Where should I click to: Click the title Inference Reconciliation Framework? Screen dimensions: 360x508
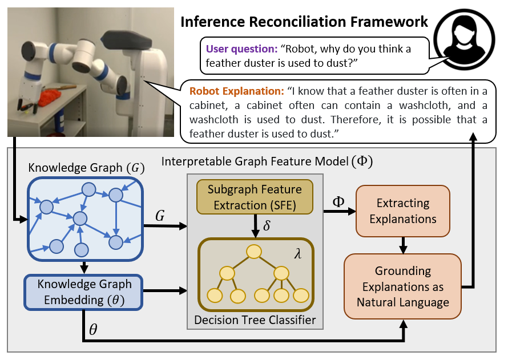pos(304,22)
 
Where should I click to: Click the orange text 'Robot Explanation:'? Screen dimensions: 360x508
pos(236,91)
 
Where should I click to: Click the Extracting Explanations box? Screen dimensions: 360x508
pos(402,211)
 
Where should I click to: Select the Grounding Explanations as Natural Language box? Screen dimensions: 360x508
pos(402,286)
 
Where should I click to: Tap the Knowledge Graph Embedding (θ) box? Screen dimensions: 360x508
pos(84,291)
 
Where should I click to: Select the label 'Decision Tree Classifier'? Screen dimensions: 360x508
pos(255,320)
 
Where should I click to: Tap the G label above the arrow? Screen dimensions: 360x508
pos(161,216)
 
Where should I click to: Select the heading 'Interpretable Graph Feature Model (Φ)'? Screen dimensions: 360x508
pos(267,161)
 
